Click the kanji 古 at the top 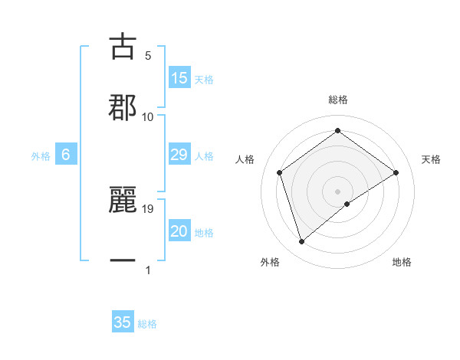click(x=123, y=47)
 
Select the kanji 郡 click(x=123, y=107)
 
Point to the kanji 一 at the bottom click(x=123, y=260)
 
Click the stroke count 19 click(x=149, y=208)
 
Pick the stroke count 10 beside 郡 click(x=148, y=116)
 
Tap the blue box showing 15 click(x=179, y=78)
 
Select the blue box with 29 click(x=179, y=155)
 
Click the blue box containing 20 click(x=179, y=231)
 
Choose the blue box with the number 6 click(x=66, y=155)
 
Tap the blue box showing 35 click(x=123, y=322)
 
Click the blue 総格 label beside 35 click(x=147, y=324)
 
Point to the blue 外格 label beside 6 click(x=41, y=156)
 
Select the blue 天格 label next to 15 click(x=204, y=79)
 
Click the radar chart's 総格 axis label click(x=338, y=100)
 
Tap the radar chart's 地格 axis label click(x=402, y=262)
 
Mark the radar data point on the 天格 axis click(x=396, y=172)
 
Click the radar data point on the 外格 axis click(x=301, y=242)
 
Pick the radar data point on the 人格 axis click(x=280, y=172)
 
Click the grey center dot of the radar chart click(x=338, y=191)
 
